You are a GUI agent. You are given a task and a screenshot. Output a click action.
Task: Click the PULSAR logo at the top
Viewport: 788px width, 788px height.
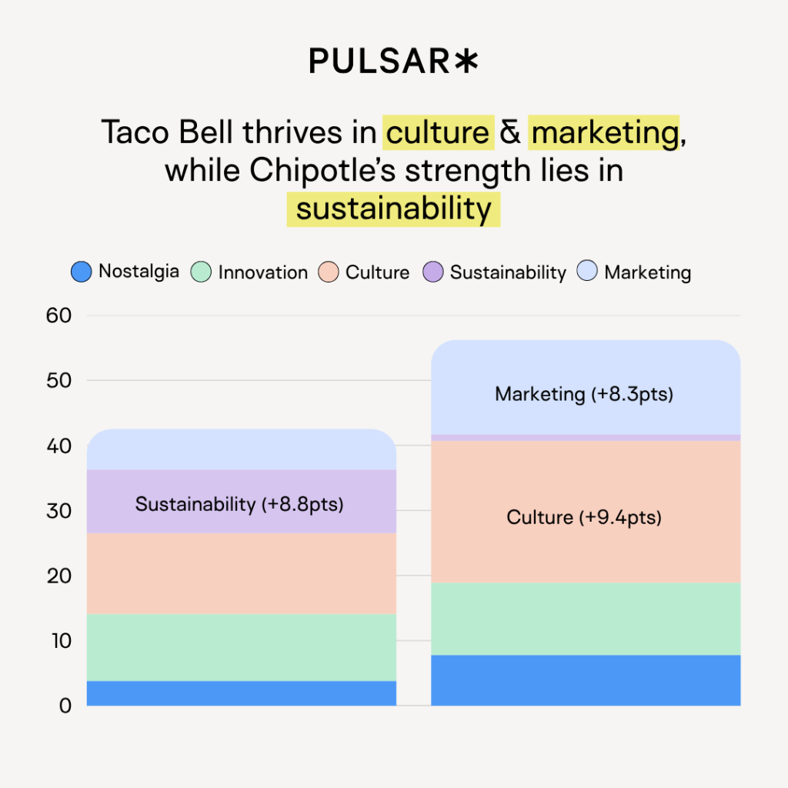(392, 62)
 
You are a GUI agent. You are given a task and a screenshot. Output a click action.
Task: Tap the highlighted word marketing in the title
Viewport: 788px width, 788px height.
(605, 132)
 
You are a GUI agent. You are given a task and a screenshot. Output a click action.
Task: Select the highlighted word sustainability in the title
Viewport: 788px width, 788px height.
(393, 209)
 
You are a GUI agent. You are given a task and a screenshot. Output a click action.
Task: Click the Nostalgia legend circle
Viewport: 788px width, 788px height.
(82, 272)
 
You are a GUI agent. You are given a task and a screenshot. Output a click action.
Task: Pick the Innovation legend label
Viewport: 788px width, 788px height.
(262, 272)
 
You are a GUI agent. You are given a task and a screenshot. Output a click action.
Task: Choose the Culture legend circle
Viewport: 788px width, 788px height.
(329, 272)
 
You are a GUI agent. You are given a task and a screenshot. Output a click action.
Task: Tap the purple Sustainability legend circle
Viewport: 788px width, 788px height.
(433, 272)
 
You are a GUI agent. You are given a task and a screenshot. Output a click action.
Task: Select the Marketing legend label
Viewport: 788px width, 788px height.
(647, 272)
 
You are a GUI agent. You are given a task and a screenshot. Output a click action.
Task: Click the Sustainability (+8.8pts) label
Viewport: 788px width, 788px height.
(239, 505)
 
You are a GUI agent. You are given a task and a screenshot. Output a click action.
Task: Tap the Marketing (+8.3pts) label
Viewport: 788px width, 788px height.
(584, 395)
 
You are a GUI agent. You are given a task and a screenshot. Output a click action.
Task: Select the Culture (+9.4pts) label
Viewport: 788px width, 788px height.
(584, 517)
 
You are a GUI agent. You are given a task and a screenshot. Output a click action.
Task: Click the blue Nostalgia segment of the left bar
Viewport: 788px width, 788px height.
(242, 693)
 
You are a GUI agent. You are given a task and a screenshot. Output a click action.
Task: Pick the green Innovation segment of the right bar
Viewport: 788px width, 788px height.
(586, 619)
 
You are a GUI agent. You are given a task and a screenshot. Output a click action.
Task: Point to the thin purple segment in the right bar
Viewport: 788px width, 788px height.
(586, 437)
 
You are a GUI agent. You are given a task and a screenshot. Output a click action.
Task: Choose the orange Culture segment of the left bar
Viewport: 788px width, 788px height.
(242, 573)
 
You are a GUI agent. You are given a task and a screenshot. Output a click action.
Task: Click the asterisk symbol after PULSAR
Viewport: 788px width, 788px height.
(466, 62)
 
